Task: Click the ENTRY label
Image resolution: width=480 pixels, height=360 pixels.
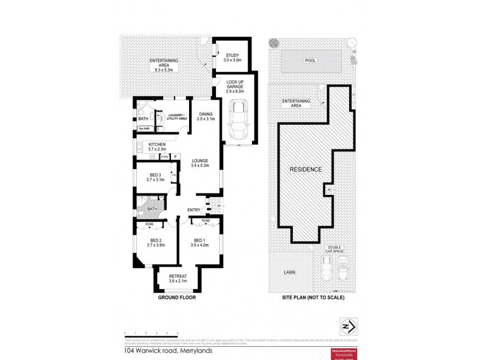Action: click(194, 209)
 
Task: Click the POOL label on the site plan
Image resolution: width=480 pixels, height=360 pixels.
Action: click(310, 61)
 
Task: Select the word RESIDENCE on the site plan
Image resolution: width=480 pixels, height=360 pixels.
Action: click(306, 169)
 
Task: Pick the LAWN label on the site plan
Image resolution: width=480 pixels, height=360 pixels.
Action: click(290, 272)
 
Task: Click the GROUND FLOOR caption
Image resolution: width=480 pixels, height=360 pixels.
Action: click(177, 297)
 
